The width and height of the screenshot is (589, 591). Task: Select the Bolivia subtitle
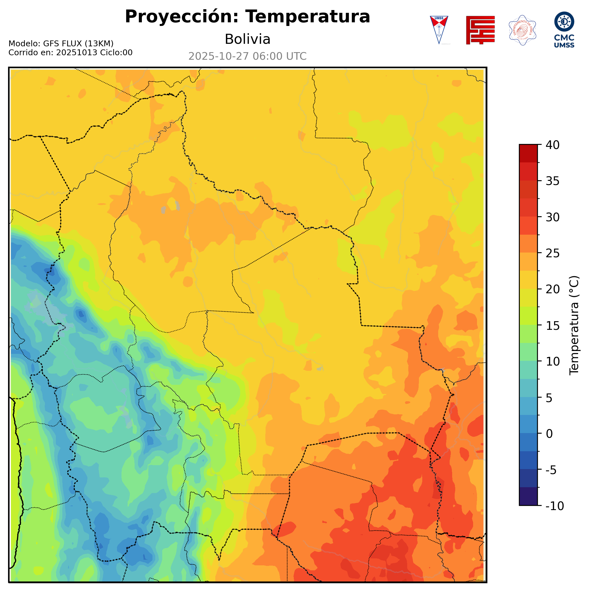click(x=247, y=39)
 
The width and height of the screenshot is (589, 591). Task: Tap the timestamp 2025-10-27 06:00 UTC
click(x=247, y=56)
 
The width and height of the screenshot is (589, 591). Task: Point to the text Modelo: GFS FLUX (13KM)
click(x=61, y=44)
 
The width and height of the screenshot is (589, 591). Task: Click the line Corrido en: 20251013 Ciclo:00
click(x=70, y=53)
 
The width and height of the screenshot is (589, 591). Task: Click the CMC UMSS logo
click(x=564, y=30)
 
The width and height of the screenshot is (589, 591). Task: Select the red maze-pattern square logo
click(x=480, y=30)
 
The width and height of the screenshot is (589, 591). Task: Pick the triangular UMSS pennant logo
click(x=439, y=30)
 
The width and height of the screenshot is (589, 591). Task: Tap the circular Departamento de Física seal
click(x=522, y=30)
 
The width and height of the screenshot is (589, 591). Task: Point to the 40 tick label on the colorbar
click(x=553, y=145)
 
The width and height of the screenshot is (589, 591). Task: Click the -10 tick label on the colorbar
click(x=554, y=506)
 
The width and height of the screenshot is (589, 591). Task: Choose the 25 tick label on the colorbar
click(x=553, y=253)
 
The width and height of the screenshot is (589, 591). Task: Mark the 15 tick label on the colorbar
click(x=553, y=326)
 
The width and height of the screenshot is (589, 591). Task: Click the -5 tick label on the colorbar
click(x=552, y=470)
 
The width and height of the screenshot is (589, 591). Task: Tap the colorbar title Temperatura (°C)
click(x=574, y=325)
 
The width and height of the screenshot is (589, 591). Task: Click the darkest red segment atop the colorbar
click(x=528, y=153)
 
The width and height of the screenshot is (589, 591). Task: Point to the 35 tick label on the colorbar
click(x=553, y=181)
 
